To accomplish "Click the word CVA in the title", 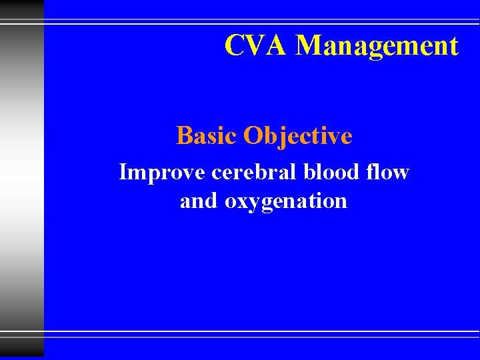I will click(x=257, y=46).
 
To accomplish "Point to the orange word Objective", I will click(x=297, y=137).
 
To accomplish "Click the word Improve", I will click(x=162, y=172).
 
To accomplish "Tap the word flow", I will click(x=391, y=172).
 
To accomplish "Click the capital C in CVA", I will click(x=235, y=46).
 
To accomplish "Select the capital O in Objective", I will click(x=254, y=136).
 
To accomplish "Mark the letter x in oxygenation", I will click(x=242, y=202).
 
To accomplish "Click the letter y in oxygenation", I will click(x=253, y=204).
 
